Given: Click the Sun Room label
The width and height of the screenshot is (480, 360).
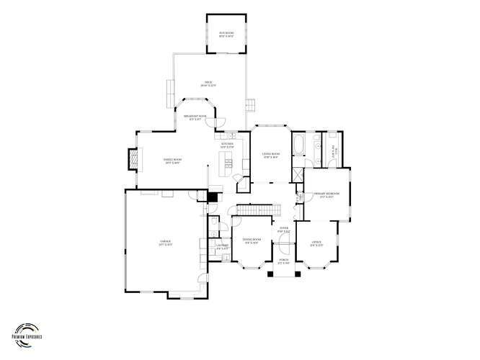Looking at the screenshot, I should pos(226,35).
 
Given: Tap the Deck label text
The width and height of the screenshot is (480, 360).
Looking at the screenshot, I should pos(210,85).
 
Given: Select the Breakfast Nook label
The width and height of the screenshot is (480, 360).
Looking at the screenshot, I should pos(195,117).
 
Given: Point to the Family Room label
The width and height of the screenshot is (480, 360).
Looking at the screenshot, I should pos(172,162).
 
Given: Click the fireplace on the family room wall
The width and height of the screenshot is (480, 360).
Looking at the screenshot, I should pos(132,160).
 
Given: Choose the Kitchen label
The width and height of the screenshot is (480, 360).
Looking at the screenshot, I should pos(228,146).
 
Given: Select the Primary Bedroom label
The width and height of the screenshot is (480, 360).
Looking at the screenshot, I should pos(327,195).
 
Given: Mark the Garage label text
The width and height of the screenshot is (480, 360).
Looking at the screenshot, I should pos(165,243).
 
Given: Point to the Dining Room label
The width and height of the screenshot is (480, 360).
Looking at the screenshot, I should pos(251,240).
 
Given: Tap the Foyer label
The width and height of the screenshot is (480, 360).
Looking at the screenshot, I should pos(284,230).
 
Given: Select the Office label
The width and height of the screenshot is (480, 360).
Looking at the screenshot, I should pos(316,243).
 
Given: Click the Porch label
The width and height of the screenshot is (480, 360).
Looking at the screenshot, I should pos(284,262).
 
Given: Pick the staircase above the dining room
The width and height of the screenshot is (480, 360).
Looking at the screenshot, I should pos(257,210).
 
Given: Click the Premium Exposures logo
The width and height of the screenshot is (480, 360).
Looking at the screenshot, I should pos(27,330).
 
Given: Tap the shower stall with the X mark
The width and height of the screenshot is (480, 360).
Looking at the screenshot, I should pos(297,174).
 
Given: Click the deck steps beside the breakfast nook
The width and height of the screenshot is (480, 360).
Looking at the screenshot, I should pos(249,104).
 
